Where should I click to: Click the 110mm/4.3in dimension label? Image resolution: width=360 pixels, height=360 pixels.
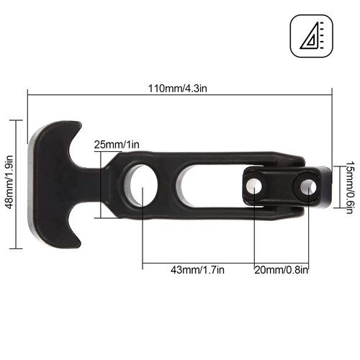180,87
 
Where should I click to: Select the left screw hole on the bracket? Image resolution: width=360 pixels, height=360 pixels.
251,185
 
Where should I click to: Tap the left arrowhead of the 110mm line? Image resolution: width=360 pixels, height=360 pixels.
30,92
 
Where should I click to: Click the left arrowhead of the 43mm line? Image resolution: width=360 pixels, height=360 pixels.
145,262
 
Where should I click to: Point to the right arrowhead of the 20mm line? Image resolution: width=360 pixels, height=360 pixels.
307,262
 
